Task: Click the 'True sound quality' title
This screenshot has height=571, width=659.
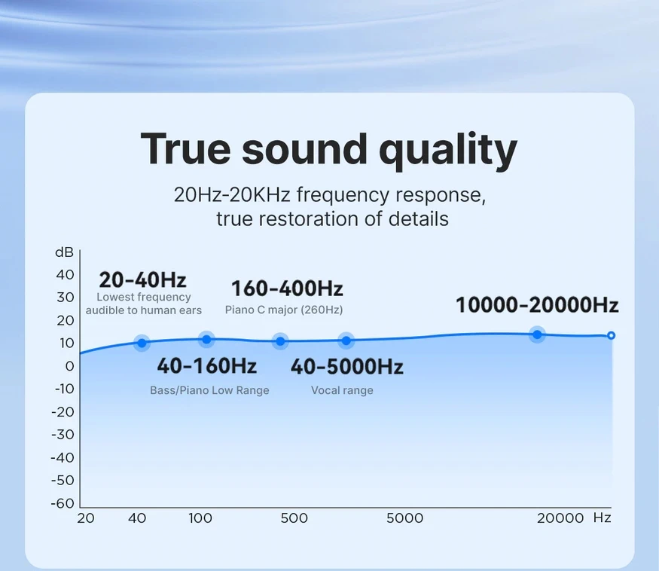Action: [x=328, y=150]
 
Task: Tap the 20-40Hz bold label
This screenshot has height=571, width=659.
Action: [x=142, y=280]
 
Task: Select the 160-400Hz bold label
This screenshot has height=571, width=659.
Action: [x=287, y=289]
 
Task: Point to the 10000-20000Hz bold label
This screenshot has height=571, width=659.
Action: [x=537, y=305]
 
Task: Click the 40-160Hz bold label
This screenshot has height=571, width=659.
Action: [x=207, y=366]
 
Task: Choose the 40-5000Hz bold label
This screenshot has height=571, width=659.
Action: [x=346, y=366]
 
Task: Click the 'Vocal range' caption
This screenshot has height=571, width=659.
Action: [x=342, y=390]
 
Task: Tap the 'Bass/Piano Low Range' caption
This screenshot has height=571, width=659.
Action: [x=209, y=390]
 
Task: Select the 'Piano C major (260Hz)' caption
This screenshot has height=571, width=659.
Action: [x=284, y=310]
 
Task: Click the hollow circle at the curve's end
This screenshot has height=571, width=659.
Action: [x=611, y=335]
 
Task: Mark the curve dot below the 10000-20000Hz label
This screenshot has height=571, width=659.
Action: [x=537, y=334]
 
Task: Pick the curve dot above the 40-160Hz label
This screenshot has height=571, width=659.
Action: [x=206, y=339]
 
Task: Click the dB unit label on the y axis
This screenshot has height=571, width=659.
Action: [x=64, y=252]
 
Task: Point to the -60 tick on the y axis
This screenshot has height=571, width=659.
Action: [x=63, y=503]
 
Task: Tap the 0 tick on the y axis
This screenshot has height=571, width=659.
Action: [x=70, y=366]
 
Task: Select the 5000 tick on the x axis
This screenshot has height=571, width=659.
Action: [x=404, y=518]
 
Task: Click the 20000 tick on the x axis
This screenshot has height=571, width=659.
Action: [x=560, y=518]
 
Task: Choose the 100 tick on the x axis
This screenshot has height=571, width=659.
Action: [x=200, y=518]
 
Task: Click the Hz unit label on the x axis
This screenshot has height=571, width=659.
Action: [x=602, y=518]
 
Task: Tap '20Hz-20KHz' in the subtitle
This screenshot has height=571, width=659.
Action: [x=232, y=194]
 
